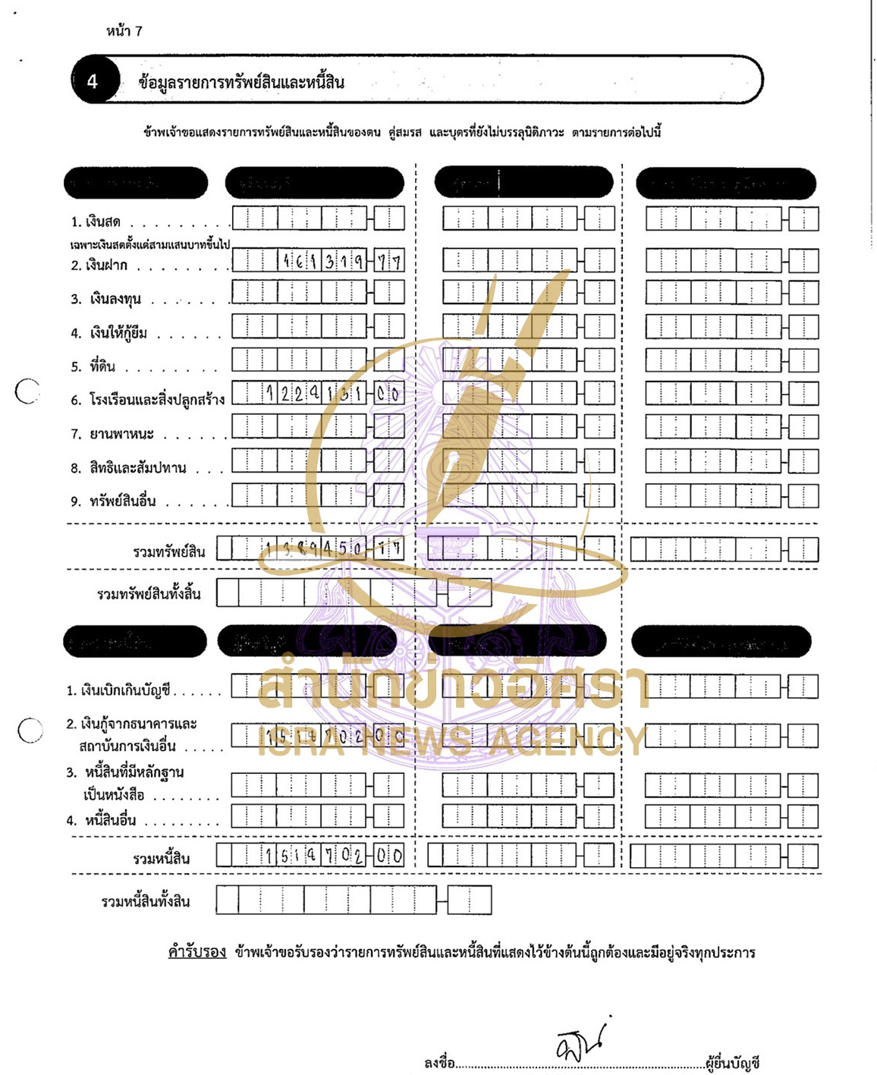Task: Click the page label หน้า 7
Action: [x=124, y=31]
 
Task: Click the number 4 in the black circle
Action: [x=93, y=81]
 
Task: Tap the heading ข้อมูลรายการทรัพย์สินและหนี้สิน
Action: [x=241, y=82]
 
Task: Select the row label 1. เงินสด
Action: [x=96, y=222]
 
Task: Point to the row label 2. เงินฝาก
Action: [x=99, y=266]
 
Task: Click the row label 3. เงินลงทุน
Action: [x=106, y=300]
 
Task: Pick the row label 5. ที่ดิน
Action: [x=93, y=367]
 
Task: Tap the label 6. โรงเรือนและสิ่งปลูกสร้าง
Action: [x=148, y=400]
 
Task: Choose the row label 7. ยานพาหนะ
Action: [x=112, y=434]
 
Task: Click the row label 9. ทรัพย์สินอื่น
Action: [x=113, y=501]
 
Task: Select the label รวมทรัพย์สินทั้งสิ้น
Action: [x=149, y=594]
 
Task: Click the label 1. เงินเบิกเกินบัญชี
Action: [x=118, y=690]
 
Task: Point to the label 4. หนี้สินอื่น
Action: [x=101, y=820]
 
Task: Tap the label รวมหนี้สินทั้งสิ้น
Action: [x=146, y=901]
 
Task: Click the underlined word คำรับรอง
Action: [x=197, y=952]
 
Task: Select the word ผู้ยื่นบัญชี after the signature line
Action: [x=732, y=1063]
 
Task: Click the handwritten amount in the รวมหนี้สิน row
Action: [x=334, y=856]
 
